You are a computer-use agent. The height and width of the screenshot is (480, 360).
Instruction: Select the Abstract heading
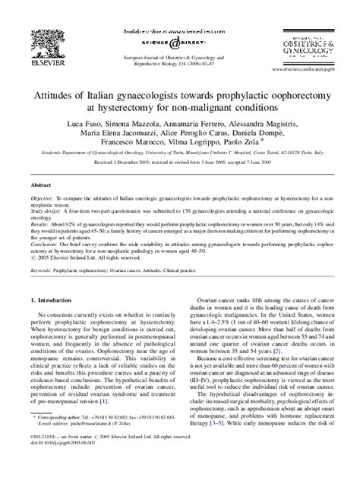click(41, 184)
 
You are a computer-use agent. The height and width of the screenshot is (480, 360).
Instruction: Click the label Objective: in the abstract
click(43, 197)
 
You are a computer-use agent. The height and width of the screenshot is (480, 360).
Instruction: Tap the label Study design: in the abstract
click(46, 209)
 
